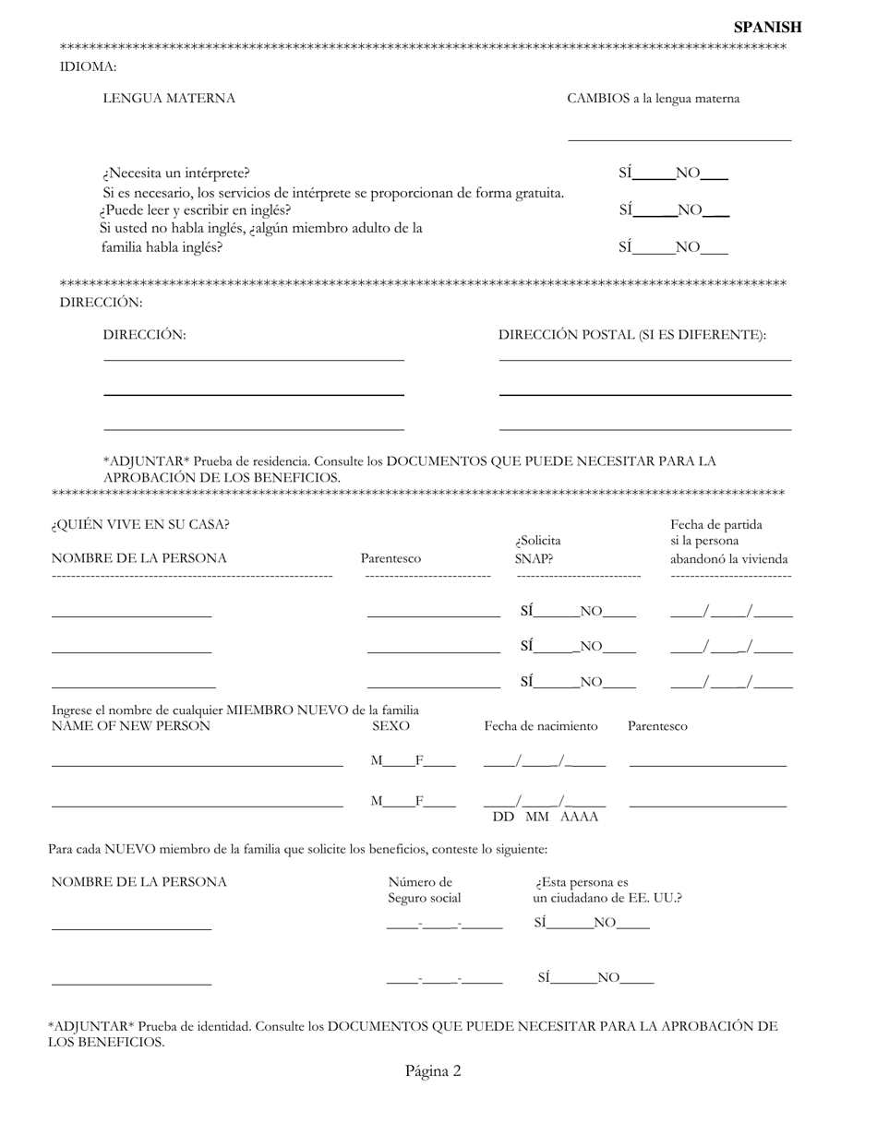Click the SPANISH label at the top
tap(767, 28)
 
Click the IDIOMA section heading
tap(88, 66)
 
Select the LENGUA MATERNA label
tap(169, 99)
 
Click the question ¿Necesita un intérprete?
tap(175, 173)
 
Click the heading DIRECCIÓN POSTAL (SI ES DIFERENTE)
tap(632, 335)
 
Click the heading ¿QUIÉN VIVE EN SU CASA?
tap(140, 525)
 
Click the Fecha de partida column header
tap(716, 525)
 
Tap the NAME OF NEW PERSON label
tap(130, 726)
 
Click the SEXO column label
tap(390, 726)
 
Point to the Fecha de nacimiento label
tap(541, 726)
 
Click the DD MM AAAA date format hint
tap(545, 817)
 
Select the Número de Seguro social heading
tap(424, 890)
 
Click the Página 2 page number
tap(432, 1070)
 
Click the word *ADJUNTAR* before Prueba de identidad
tap(91, 1026)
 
